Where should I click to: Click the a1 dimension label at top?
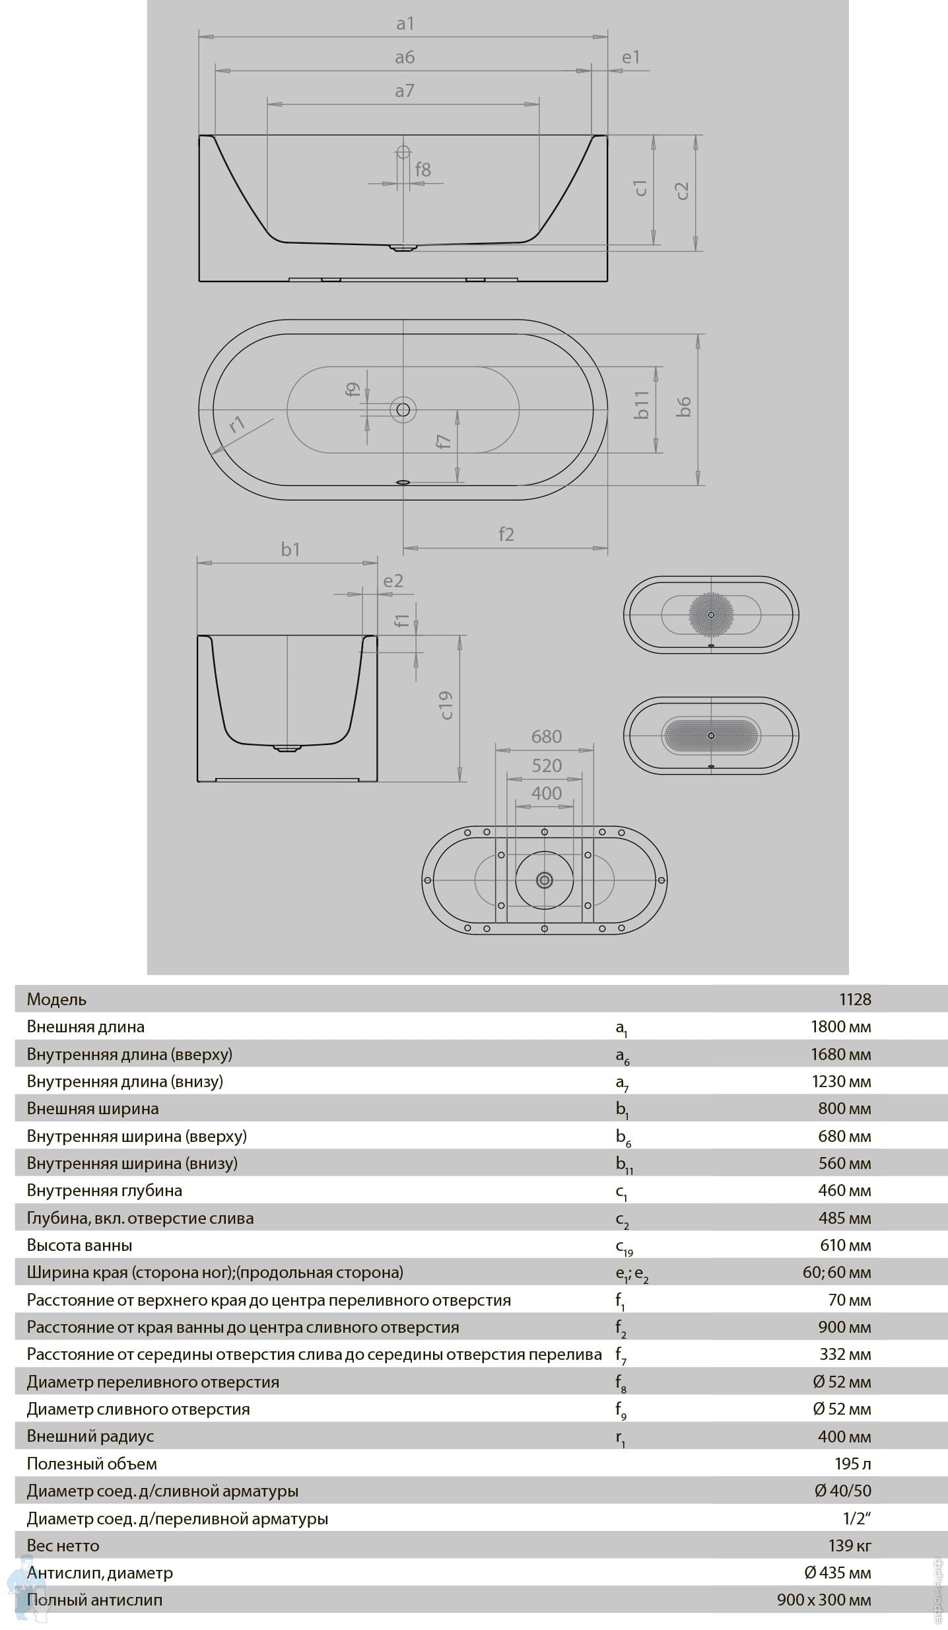click(x=405, y=24)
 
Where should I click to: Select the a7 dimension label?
click(x=404, y=91)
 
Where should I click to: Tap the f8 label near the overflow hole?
click(x=423, y=170)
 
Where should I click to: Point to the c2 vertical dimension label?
click(x=682, y=191)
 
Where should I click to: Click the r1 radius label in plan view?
click(x=237, y=423)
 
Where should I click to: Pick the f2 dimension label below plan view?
click(x=506, y=534)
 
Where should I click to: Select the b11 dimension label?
click(x=642, y=405)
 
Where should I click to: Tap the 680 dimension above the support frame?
click(x=547, y=736)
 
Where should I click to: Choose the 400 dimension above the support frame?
click(x=547, y=793)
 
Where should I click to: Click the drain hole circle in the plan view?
click(x=403, y=410)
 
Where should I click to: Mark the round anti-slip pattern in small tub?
click(x=711, y=614)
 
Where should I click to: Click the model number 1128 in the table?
click(x=855, y=999)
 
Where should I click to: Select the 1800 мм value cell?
click(x=840, y=1026)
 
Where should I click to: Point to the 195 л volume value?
click(x=852, y=1464)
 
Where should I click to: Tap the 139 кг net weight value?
click(x=850, y=1545)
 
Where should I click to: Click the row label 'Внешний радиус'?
click(x=90, y=1436)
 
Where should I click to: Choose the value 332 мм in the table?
click(x=845, y=1354)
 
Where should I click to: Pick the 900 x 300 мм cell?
click(x=823, y=1600)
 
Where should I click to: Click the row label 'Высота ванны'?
click(x=79, y=1245)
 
